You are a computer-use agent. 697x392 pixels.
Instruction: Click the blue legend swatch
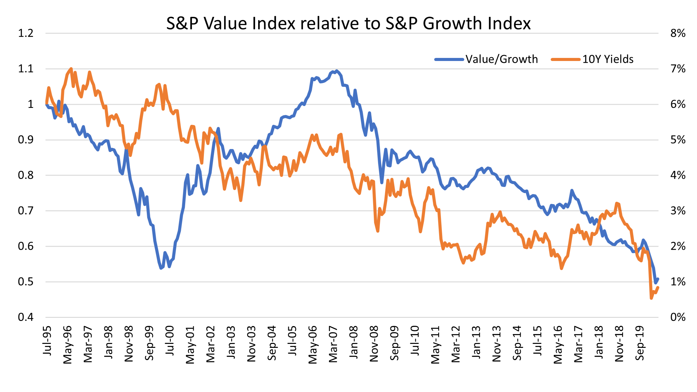pos(449,59)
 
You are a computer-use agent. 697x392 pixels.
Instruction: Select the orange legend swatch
pos(565,59)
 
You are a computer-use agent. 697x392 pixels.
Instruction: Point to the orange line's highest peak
pos(71,69)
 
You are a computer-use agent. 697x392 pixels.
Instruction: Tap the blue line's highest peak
pos(336,71)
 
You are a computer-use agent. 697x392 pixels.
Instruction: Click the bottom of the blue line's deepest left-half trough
pos(161,268)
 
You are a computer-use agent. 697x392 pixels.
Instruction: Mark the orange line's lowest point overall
pos(651,298)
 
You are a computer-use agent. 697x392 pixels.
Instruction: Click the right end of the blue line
pos(658,279)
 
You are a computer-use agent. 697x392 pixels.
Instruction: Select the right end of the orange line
pos(658,287)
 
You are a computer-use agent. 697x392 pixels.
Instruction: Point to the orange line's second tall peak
pos(89,72)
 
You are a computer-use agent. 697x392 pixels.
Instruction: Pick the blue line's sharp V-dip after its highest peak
pos(382,183)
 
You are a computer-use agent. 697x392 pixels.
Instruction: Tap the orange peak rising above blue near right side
pos(617,203)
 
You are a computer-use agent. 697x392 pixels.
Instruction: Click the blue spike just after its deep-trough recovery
pos(218,129)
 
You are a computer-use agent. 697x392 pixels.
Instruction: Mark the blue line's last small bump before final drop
pos(643,240)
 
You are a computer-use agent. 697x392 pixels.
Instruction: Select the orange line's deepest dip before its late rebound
pos(561,268)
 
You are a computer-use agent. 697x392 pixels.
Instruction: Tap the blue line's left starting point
pos(46,105)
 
